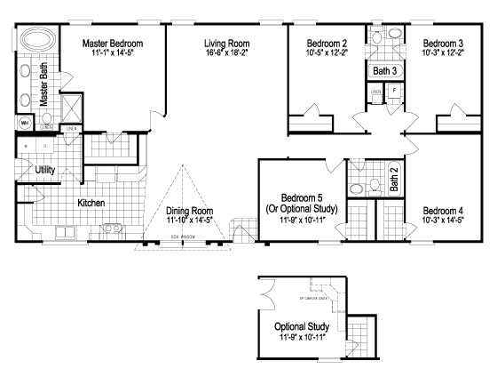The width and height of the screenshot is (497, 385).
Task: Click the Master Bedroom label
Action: click(x=113, y=42)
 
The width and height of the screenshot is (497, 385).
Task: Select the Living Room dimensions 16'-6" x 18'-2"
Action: click(x=227, y=53)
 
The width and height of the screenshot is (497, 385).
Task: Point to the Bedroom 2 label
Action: click(x=326, y=42)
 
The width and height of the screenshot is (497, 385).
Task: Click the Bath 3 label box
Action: click(x=383, y=70)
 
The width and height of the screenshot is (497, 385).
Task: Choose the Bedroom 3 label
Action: click(x=441, y=42)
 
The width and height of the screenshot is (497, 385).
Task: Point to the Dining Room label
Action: click(x=191, y=211)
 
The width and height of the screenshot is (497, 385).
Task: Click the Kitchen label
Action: click(x=91, y=203)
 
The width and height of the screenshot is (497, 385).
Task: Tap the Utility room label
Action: click(x=46, y=169)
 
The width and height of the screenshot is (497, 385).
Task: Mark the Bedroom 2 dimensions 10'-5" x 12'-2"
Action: click(x=326, y=53)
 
